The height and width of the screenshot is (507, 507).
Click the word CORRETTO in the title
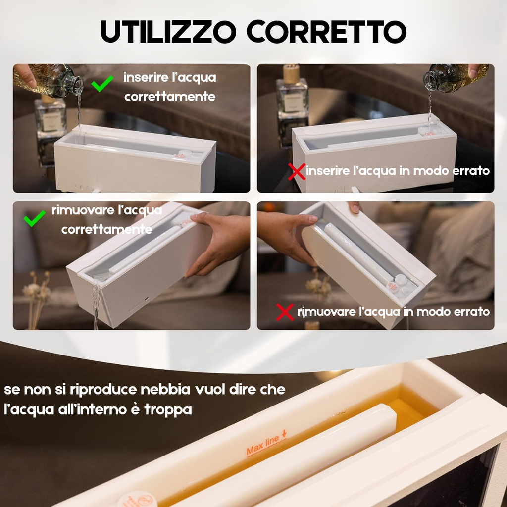(326, 32)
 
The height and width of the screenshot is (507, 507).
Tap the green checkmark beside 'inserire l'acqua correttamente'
(102, 84)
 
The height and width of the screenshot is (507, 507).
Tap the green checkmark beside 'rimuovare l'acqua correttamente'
(35, 219)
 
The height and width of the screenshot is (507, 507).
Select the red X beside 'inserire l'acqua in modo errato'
(297, 172)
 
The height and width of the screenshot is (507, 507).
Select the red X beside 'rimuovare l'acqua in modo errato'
(285, 312)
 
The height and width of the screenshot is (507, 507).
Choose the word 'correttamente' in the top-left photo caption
(170, 96)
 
